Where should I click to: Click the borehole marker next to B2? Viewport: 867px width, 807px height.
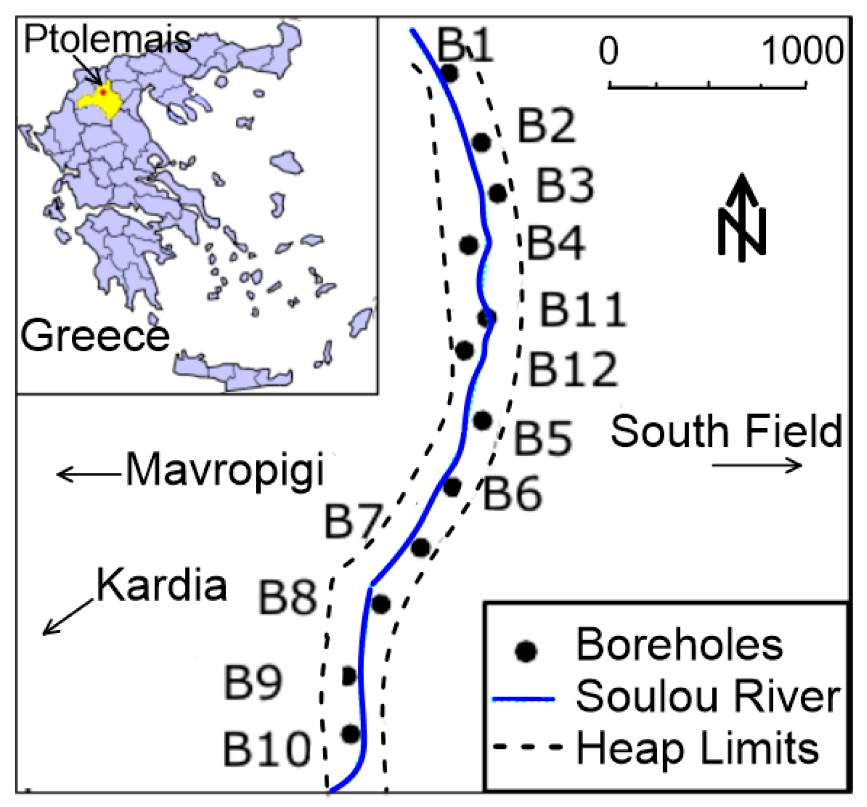tap(482, 142)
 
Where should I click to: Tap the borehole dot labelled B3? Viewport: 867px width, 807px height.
tap(498, 193)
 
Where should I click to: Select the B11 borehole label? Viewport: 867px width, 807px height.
tap(583, 310)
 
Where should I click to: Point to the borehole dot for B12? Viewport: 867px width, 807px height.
tap(464, 350)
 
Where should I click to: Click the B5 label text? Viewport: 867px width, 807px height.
tap(543, 439)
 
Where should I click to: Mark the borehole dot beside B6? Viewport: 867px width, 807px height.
tap(452, 487)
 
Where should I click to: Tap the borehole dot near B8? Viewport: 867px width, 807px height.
tap(380, 604)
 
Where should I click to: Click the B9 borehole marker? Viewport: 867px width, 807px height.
tap(349, 675)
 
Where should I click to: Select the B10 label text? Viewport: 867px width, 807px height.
tap(267, 750)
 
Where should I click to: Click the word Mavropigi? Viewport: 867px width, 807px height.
tap(225, 471)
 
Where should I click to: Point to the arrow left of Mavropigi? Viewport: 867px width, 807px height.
tap(88, 474)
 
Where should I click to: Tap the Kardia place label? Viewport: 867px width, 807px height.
tap(162, 586)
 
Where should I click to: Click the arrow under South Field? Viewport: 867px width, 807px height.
tap(757, 466)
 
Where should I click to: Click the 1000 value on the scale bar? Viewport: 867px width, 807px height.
tap(802, 51)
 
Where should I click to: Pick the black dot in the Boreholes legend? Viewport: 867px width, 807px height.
tap(526, 651)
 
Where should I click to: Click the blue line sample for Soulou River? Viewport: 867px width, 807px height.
tap(523, 699)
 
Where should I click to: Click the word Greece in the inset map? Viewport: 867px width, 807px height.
tap(94, 336)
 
